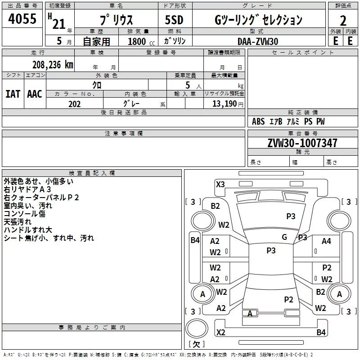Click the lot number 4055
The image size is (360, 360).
[x=22, y=19]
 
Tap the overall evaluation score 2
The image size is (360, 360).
[x=343, y=20]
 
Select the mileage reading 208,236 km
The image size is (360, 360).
[x=53, y=64]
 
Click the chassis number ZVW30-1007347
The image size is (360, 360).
[x=296, y=144]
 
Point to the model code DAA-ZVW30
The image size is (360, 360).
[x=258, y=41]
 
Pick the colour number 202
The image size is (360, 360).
[x=74, y=104]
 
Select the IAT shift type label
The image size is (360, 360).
[x=13, y=94]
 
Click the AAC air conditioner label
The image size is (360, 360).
[x=34, y=94]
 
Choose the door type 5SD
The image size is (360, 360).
[x=174, y=20]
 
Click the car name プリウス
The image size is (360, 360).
[x=116, y=20]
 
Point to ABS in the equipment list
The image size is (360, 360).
[x=258, y=122]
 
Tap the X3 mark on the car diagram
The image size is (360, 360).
[x=220, y=184]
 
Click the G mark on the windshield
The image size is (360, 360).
[x=284, y=237]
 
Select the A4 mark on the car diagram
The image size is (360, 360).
[x=326, y=241]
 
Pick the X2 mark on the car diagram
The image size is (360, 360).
[x=220, y=332]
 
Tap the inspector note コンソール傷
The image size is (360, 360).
[x=24, y=214]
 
